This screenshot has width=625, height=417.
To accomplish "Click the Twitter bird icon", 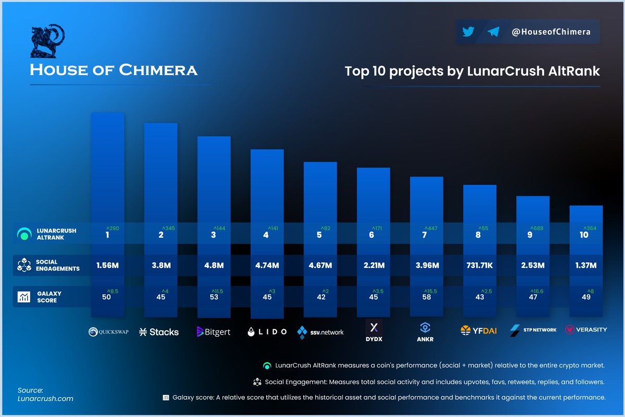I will [x=468, y=32].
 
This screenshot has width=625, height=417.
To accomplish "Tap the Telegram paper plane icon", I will [x=493, y=32].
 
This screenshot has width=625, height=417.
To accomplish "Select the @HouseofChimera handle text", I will [x=551, y=32].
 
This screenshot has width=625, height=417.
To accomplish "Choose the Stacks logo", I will [x=159, y=332].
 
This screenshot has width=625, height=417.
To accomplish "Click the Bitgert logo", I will [x=214, y=332].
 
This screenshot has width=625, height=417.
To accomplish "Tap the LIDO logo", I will [x=267, y=332].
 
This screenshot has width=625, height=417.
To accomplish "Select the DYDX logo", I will [x=373, y=332].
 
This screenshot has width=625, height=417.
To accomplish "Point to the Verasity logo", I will [x=586, y=330].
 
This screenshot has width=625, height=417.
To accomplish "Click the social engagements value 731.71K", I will [x=480, y=265].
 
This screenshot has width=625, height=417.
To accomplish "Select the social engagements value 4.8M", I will [x=214, y=265].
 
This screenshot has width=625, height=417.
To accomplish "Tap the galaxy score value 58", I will [x=426, y=297].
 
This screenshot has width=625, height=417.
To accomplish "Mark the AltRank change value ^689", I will [x=537, y=228].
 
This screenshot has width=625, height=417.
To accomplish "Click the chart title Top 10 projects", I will [x=472, y=71].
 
